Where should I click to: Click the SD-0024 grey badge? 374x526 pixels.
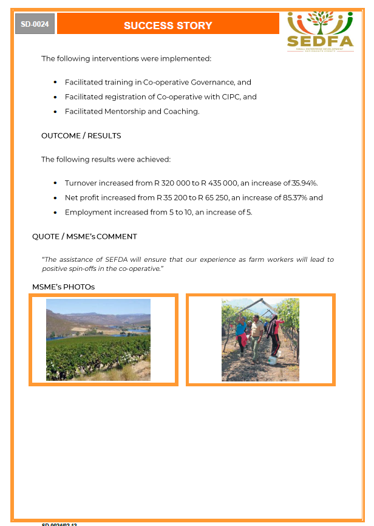(x=35, y=24)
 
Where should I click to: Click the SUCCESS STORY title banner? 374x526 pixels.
(x=168, y=26)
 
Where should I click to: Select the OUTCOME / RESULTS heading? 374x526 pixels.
(x=81, y=135)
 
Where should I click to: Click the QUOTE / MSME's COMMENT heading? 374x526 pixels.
(x=84, y=236)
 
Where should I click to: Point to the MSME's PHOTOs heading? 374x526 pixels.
(x=63, y=286)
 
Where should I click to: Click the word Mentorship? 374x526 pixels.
(x=124, y=111)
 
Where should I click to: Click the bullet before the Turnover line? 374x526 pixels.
(x=55, y=183)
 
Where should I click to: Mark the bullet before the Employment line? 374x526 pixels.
(x=55, y=212)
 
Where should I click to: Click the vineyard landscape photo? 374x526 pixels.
(x=98, y=340)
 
